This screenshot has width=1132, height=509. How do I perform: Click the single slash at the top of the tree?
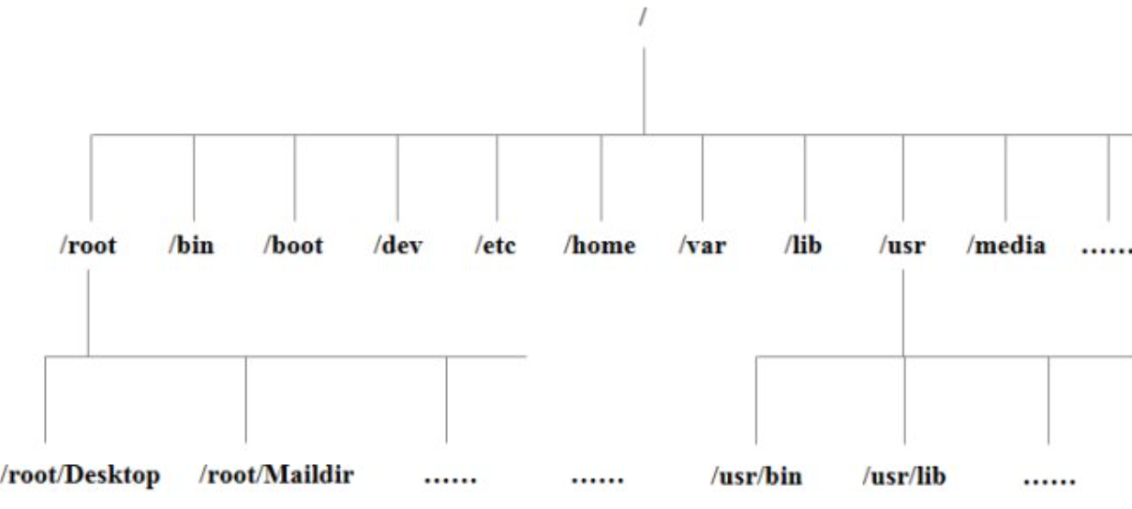click(x=642, y=16)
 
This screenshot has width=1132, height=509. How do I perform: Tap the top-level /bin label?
click(x=192, y=246)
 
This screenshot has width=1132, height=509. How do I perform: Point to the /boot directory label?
click(x=293, y=246)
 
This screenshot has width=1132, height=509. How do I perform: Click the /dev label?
click(x=398, y=246)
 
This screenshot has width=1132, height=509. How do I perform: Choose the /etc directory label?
click(x=496, y=246)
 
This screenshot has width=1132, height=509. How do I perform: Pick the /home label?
click(x=600, y=246)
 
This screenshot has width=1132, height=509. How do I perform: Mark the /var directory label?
click(x=701, y=246)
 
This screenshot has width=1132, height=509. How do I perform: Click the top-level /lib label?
click(x=804, y=246)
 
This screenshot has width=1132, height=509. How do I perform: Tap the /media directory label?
click(x=1005, y=246)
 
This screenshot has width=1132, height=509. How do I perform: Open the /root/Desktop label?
click(x=81, y=476)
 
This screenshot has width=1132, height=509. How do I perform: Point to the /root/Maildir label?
click(x=276, y=476)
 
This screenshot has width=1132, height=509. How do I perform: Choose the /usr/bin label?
click(x=757, y=477)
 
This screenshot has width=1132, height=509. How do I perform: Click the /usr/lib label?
click(x=904, y=477)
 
